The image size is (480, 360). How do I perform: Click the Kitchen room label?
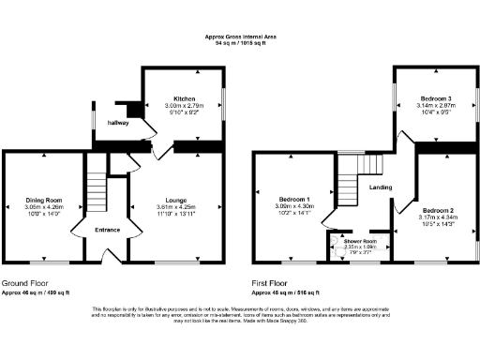tap(184, 98)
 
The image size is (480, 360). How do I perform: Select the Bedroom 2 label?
tap(437, 210)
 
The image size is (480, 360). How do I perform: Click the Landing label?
tap(381, 187)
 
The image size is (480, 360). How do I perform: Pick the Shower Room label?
tap(360, 241)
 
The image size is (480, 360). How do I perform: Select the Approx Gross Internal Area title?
tap(241, 37)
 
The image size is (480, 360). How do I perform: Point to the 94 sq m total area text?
tap(241, 43)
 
